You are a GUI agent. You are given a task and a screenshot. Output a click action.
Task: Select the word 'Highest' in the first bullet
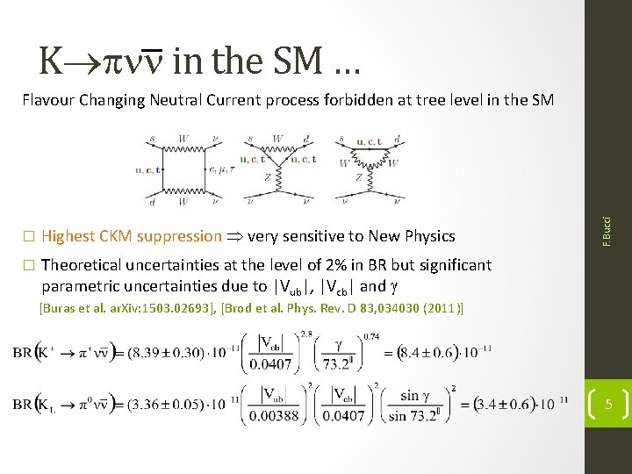[70, 235]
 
